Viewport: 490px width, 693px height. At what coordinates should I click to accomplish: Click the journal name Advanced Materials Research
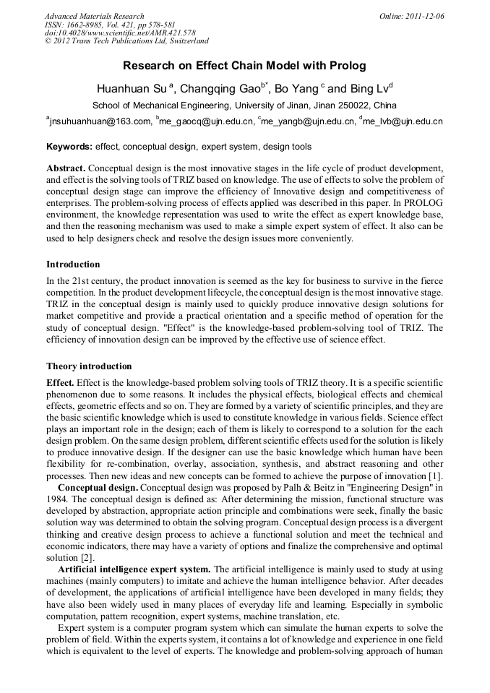tap(94, 16)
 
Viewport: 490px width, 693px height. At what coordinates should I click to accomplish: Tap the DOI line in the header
tap(109, 33)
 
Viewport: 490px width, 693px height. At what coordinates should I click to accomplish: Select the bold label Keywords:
tap(69, 147)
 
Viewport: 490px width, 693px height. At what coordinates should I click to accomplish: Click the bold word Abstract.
tap(66, 167)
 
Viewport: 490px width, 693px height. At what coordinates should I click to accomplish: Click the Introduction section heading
tap(73, 264)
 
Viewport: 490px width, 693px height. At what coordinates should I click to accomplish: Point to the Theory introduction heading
tap(89, 366)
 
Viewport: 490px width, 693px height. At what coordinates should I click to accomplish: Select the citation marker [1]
tap(437, 477)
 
